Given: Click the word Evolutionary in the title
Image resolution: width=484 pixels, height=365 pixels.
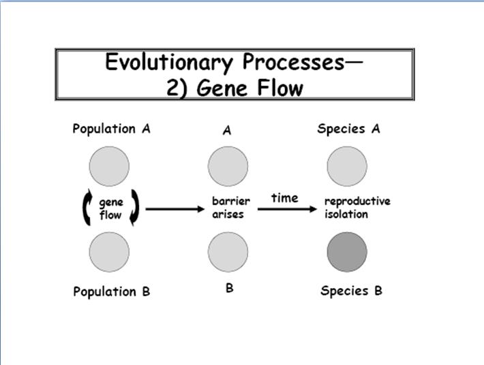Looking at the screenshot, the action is click(169, 63).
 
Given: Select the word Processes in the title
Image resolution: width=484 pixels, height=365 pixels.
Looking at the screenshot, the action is click(293, 62).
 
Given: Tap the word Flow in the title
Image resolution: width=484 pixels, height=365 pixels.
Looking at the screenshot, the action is click(280, 88).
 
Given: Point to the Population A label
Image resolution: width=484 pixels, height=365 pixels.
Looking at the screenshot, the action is click(111, 129).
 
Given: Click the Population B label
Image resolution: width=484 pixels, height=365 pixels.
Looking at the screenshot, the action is click(111, 291).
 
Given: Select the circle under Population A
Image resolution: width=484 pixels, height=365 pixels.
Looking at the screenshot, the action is click(109, 166).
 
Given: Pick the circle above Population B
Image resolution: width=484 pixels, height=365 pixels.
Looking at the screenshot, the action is click(109, 252).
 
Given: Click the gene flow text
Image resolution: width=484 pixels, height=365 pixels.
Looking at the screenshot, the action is click(111, 208).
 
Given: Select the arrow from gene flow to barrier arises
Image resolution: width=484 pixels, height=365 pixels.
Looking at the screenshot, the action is click(175, 209).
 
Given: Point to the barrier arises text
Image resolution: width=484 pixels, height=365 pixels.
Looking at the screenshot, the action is click(231, 207).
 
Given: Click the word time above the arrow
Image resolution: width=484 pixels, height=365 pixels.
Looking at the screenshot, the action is click(285, 198).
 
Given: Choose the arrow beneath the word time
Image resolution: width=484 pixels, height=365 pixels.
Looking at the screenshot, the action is click(287, 209).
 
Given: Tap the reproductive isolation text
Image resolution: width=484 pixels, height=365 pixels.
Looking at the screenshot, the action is click(357, 207).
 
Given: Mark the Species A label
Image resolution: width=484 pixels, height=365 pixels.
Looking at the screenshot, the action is click(349, 129).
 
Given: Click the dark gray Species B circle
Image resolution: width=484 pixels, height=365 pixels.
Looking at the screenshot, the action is click(347, 252).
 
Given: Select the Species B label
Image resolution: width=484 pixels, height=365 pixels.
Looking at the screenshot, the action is click(351, 291).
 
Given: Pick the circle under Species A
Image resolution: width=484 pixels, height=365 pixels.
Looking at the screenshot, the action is click(347, 166).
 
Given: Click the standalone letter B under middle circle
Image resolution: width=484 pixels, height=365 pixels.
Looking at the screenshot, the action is click(229, 288).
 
